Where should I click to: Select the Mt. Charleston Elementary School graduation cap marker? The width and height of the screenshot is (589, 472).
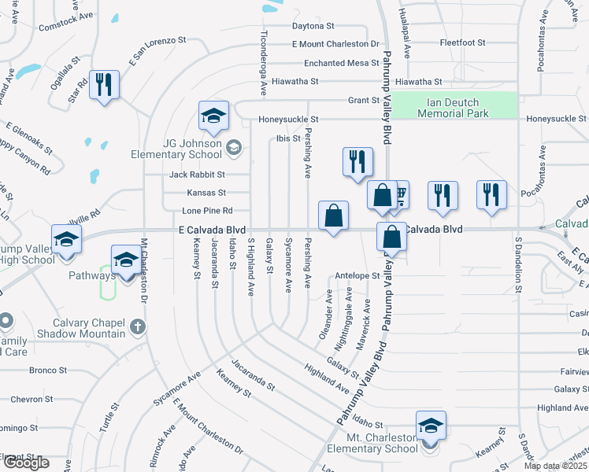[x=431, y=426]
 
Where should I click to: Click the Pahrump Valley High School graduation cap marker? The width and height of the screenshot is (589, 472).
[x=67, y=239]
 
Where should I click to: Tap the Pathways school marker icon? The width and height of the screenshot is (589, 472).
[x=126, y=261]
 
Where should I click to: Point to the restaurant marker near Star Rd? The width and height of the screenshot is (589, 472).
[x=104, y=85]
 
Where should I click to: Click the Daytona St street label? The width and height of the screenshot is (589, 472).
[x=313, y=26]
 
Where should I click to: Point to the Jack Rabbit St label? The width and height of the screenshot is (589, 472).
[x=196, y=174]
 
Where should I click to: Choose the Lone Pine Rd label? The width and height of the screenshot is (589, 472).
[x=207, y=211]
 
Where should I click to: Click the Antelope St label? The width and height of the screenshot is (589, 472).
[x=357, y=276]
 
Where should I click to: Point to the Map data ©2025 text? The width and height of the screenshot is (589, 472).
[x=555, y=466]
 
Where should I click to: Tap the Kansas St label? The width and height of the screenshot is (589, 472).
[x=206, y=193]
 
